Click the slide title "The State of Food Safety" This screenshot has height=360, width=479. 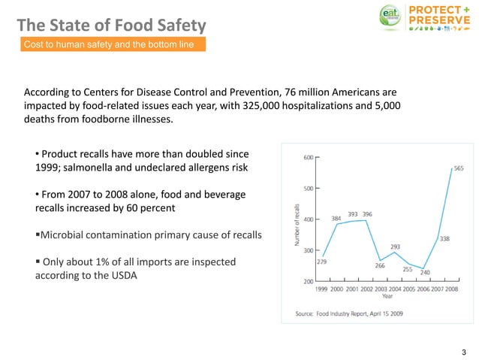click(x=111, y=26)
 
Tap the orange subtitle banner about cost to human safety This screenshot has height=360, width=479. click(x=110, y=45)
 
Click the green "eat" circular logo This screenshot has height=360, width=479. click(x=388, y=17)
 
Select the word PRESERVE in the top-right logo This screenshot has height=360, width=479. click(x=439, y=20)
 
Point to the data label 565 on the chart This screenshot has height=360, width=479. click(x=458, y=168)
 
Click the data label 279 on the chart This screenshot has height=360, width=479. click(x=321, y=261)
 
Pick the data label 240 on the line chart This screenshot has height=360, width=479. click(x=425, y=273)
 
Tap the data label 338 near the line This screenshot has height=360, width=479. click(x=444, y=239)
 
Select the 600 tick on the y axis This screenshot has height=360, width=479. click(x=308, y=158)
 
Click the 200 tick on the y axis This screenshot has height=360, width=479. click(x=308, y=282)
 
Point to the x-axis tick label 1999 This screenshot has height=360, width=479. click(x=321, y=289)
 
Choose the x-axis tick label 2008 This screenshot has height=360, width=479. click(x=450, y=289)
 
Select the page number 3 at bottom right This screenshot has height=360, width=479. click(x=464, y=352)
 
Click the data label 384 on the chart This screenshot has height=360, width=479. click(x=337, y=219)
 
